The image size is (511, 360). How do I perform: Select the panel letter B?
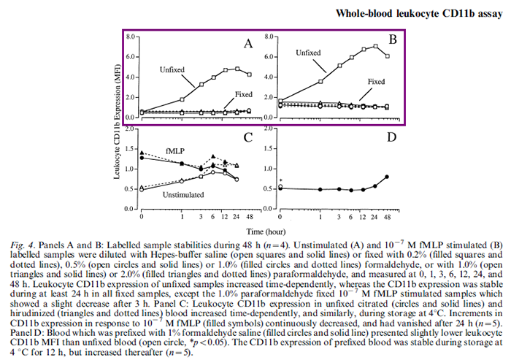pyautogui.click(x=391, y=38)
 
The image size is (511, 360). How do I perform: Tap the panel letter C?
pyautogui.click(x=248, y=137)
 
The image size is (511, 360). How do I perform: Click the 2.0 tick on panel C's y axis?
pyautogui.click(x=131, y=129)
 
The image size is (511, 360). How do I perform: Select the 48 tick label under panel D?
pyautogui.click(x=387, y=217)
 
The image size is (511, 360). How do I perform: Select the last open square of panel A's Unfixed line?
pyautogui.click(x=249, y=74)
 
